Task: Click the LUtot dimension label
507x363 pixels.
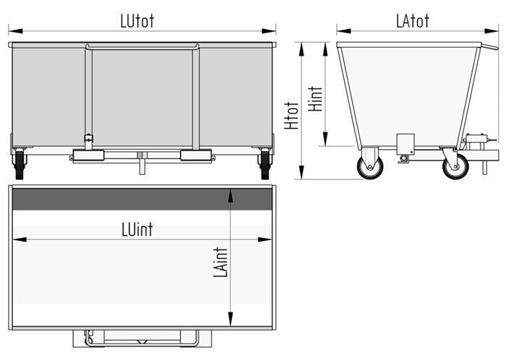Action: (x=137, y=21)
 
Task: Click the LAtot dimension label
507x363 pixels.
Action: (x=413, y=21)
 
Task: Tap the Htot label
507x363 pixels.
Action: (x=292, y=116)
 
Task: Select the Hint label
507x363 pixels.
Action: (x=315, y=99)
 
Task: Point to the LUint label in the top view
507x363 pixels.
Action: (x=137, y=230)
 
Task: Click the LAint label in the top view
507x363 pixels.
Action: (x=220, y=262)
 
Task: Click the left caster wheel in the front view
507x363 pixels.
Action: (x=20, y=165)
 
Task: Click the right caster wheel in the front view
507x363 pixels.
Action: (x=265, y=165)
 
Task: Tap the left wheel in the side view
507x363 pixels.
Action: (x=370, y=166)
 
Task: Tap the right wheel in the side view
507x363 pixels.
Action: (x=456, y=166)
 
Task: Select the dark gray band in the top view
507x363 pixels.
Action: (x=142, y=200)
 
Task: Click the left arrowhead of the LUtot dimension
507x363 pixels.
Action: (x=15, y=31)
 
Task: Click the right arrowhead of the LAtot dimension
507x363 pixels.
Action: (x=492, y=31)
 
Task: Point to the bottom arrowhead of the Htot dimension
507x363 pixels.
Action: (x=301, y=172)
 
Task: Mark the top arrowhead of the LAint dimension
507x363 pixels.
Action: (x=230, y=196)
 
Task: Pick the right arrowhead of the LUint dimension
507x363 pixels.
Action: (x=265, y=239)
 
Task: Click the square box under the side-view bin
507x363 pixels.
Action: (x=406, y=145)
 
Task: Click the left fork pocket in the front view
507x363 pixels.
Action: (x=88, y=155)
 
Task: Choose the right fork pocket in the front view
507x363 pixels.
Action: (x=196, y=155)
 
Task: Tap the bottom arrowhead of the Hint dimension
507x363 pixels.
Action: (x=325, y=139)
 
